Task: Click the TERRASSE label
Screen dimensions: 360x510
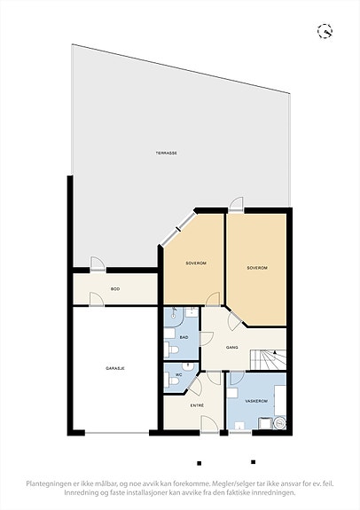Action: (166, 153)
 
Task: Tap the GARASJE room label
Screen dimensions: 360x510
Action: (115, 368)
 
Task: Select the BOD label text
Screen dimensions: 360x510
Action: (115, 289)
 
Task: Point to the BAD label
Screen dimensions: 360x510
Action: (184, 337)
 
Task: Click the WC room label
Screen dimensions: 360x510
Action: (178, 375)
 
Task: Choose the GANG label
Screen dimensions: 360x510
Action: (231, 348)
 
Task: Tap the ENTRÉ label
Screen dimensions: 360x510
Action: (197, 405)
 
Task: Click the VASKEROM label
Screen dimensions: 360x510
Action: (256, 402)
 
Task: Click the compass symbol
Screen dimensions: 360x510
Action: (325, 31)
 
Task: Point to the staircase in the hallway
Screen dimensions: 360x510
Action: (268, 360)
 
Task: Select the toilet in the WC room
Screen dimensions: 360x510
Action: (171, 380)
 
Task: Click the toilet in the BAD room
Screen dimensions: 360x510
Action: (171, 349)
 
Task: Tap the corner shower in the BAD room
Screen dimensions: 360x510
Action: (175, 318)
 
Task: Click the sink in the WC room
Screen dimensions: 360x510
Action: (188, 367)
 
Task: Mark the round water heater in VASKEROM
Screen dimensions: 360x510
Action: (279, 423)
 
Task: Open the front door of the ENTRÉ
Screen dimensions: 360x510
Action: (210, 425)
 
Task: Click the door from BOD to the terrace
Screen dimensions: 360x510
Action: (98, 263)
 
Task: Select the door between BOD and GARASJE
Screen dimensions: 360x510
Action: (97, 300)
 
